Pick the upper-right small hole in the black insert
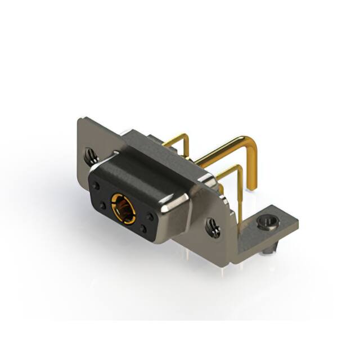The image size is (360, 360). pyautogui.click(x=150, y=214)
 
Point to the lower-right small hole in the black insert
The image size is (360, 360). pyautogui.click(x=143, y=228)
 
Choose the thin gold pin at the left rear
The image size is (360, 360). pyautogui.click(x=179, y=139)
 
